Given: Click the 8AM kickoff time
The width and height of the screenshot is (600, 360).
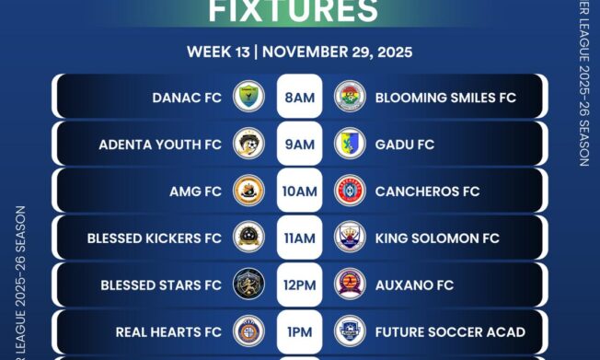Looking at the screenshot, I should (x=299, y=97).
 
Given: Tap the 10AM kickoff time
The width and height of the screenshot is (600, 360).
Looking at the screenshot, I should (x=299, y=192).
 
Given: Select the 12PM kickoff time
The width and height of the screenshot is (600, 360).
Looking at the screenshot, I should (x=299, y=285).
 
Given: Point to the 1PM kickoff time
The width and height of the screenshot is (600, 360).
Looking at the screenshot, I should (x=299, y=331).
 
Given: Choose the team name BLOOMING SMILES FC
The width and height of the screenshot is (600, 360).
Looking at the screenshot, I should (x=445, y=97).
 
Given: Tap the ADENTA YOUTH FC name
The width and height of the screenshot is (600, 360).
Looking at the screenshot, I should (x=160, y=145).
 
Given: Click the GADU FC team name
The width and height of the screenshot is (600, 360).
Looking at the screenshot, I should (x=405, y=145).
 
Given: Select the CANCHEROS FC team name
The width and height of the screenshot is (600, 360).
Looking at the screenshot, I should (x=427, y=192).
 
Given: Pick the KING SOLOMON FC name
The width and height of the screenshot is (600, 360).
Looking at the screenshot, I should (x=437, y=238).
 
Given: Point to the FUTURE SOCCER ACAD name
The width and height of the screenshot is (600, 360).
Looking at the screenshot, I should (x=450, y=331).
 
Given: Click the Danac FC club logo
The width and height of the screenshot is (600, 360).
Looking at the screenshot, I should (x=248, y=96).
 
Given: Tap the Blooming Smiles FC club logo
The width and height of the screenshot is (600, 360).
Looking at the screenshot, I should (x=350, y=96).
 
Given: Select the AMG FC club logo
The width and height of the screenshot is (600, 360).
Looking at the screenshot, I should (x=248, y=191).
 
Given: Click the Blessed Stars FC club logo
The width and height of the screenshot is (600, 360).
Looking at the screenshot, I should (x=248, y=285).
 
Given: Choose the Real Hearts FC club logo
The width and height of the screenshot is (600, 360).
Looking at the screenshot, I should (x=248, y=331).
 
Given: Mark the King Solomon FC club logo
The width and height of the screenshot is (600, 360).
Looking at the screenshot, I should (x=350, y=238).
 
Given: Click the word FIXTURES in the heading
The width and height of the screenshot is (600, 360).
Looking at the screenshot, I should (x=294, y=11).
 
